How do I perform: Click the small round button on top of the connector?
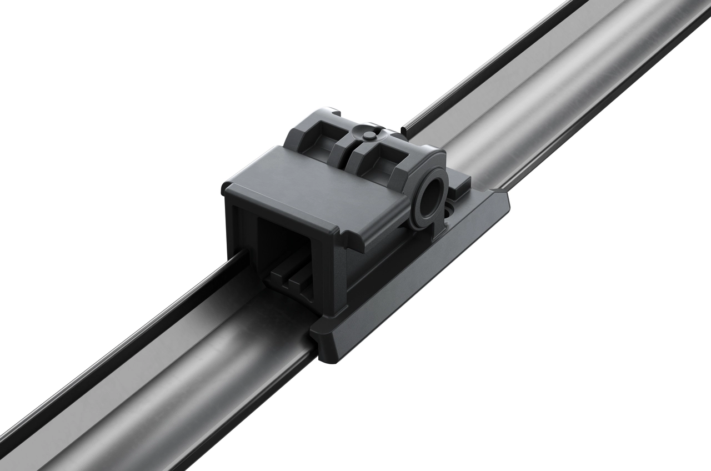pos(369,136)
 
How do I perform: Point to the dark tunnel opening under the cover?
pos(278,244)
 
